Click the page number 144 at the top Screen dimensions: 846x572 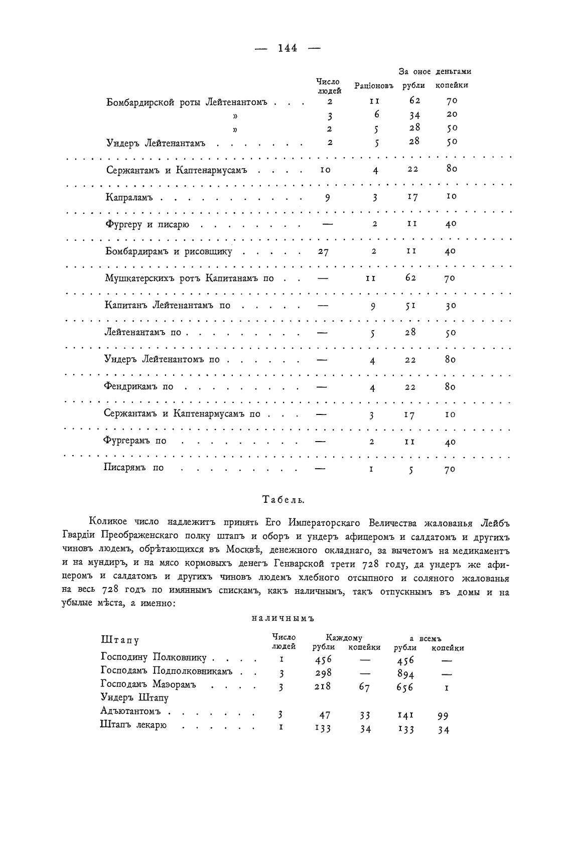pyautogui.click(x=287, y=48)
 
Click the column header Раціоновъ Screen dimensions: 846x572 pyautogui.click(x=373, y=85)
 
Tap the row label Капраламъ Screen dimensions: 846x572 pyautogui.click(x=129, y=197)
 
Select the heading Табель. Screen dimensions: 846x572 pyautogui.click(x=284, y=499)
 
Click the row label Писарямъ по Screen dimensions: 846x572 pyautogui.click(x=134, y=468)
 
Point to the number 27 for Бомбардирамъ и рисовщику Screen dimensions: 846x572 pyautogui.click(x=324, y=252)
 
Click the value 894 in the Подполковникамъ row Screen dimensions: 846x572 pyautogui.click(x=405, y=673)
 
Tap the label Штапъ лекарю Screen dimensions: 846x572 pyautogui.click(x=133, y=725)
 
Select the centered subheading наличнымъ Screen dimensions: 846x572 pyautogui.click(x=282, y=618)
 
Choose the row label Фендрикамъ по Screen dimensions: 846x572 pyautogui.click(x=138, y=387)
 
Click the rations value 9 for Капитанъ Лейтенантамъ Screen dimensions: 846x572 pyautogui.click(x=373, y=306)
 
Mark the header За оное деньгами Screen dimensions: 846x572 pyautogui.click(x=435, y=72)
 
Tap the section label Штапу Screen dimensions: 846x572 pyautogui.click(x=120, y=640)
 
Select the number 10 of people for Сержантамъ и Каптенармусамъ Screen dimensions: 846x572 pyautogui.click(x=325, y=170)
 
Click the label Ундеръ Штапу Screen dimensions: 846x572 pyautogui.click(x=134, y=697)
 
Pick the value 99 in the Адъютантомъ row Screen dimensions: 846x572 pyautogui.click(x=442, y=716)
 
